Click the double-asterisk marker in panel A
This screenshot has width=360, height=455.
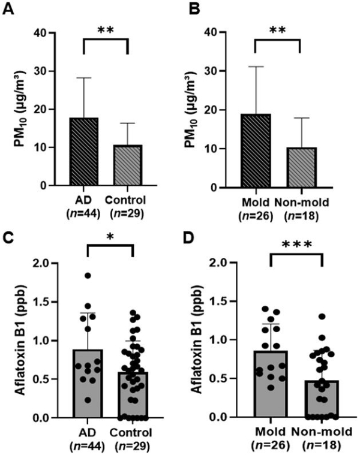[x=106, y=28]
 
